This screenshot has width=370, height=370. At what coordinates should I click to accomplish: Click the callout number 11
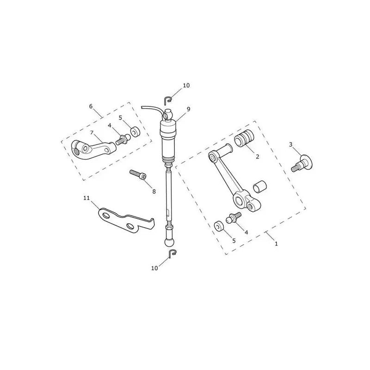pos(86,198)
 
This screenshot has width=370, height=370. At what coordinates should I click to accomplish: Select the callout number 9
pos(188,109)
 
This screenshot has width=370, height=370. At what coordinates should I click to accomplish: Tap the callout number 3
pos(291,144)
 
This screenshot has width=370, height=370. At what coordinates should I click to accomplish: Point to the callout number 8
pos(154,191)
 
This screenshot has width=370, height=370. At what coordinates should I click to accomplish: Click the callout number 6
pos(91,106)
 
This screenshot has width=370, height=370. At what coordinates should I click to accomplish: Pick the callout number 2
pos(258,156)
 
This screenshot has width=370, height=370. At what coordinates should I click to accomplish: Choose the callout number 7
pos(92,133)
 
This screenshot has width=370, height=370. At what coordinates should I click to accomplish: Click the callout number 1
pos(276,244)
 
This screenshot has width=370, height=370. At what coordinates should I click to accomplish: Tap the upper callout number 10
pos(186,86)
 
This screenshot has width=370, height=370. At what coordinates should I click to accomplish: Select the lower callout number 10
pos(154,268)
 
